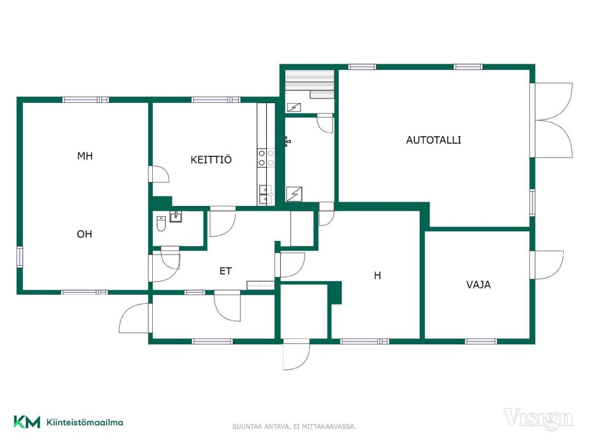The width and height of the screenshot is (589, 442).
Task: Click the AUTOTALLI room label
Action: (433, 140)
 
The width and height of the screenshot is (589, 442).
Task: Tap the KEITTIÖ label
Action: (211, 160)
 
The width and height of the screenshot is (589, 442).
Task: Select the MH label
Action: (85, 156)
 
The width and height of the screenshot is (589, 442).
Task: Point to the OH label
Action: (85, 234)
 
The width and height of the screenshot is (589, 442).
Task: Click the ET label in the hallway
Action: (225, 271)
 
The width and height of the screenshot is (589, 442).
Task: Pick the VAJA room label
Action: (479, 285)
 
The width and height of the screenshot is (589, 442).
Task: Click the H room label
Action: (377, 275)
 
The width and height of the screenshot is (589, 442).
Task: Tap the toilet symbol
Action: (161, 224)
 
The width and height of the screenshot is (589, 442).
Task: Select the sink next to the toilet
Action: (176, 217)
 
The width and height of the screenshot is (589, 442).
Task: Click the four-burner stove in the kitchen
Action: (266, 158)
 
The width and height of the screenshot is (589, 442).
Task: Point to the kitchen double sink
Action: (266, 195)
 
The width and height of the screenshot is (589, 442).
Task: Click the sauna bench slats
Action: (310, 81)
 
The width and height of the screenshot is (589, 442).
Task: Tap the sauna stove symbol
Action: (294, 108)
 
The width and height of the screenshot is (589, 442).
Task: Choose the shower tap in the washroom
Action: (288, 141)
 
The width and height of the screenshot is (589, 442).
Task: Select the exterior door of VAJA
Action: (546, 265)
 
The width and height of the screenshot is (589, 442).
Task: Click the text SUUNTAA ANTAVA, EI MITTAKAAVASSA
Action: (294, 427)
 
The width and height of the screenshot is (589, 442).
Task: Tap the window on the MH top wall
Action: (86, 100)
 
